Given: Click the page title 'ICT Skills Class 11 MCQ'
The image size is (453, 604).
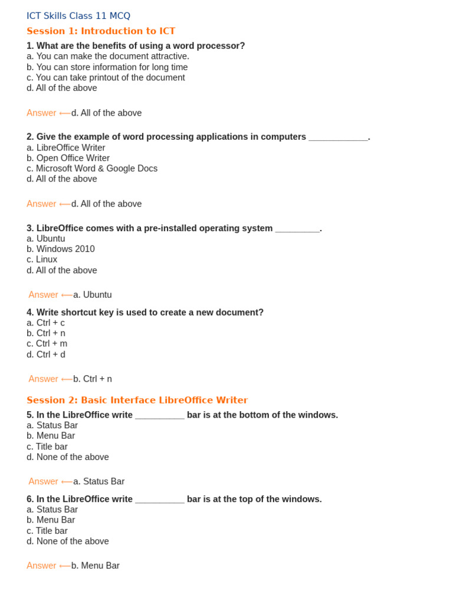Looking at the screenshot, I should point(78,16).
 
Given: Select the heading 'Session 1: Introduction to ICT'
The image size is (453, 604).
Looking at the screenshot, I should point(101,31).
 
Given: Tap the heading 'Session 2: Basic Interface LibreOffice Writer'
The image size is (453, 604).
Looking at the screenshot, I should point(137,400).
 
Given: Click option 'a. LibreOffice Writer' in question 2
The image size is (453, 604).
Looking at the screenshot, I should point(66,147).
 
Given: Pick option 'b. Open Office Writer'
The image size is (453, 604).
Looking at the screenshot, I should point(68,158).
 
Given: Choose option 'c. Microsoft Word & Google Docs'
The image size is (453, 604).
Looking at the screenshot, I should point(92,168).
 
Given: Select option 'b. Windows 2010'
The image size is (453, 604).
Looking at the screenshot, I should point(61,249).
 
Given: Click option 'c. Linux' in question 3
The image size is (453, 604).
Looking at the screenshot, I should point(42,260).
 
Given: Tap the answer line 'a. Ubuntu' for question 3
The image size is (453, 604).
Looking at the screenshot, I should point(92,294).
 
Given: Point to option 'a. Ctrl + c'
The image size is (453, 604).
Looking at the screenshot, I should point(46,323).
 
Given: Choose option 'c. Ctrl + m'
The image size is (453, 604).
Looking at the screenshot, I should point(47,343).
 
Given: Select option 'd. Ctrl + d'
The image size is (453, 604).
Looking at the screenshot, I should point(46,354).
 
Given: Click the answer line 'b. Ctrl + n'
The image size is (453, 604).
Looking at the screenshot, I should point(93,379).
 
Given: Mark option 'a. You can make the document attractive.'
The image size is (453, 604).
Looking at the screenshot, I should point(108,56).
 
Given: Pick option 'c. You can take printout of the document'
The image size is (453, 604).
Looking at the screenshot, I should point(106,77).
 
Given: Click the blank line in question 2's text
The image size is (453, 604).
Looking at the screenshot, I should point(338,137).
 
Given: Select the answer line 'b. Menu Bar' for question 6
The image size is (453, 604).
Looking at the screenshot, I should point(96,566).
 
